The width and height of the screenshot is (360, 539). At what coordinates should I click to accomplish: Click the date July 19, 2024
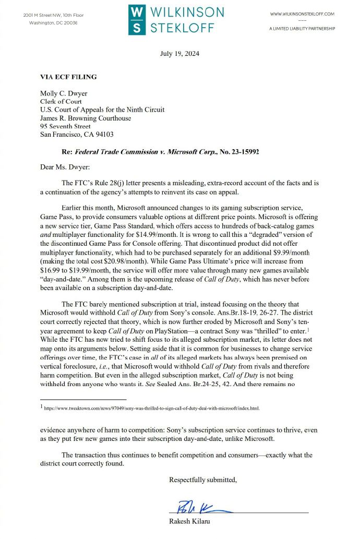tap(179, 54)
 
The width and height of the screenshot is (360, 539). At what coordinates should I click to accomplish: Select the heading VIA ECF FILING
tap(68, 77)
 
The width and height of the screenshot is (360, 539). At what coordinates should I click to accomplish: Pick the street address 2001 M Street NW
tap(47, 15)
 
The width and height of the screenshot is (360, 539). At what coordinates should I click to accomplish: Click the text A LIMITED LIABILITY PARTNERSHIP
tap(302, 29)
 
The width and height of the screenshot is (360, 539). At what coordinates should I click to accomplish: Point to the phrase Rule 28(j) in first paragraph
tap(111, 183)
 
